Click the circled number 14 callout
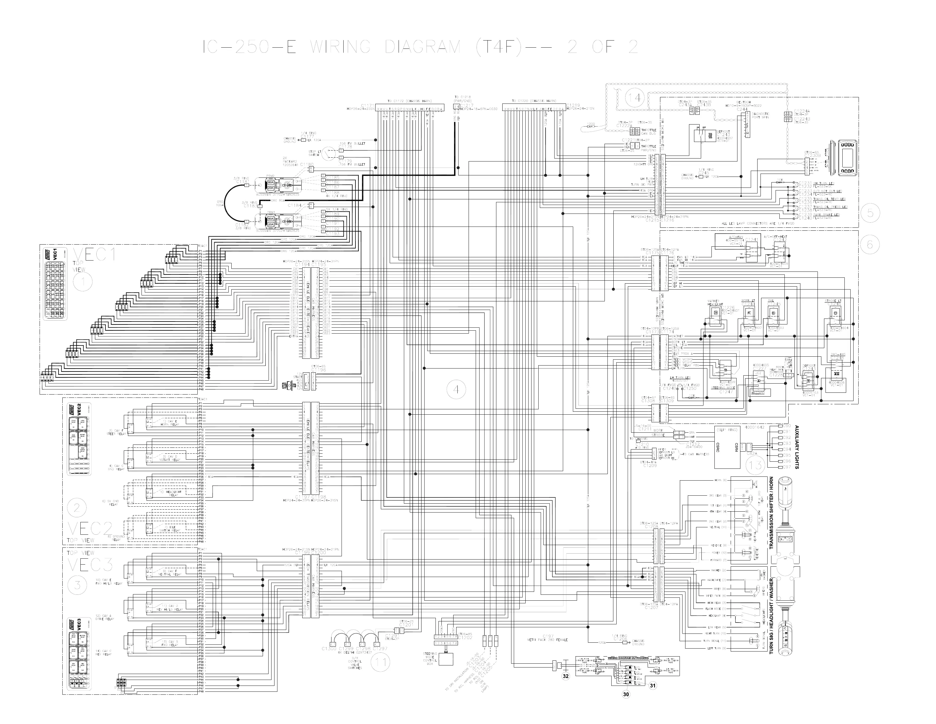[x=635, y=98]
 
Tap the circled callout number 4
[x=456, y=390]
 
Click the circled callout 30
[x=626, y=694]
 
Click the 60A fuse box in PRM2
[x=270, y=182]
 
